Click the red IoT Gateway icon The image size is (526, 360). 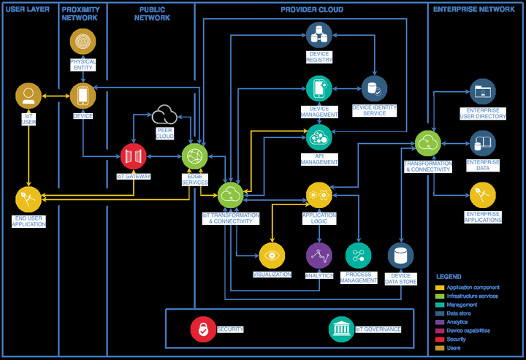coord(134,156)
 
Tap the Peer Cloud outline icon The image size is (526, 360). coord(164,115)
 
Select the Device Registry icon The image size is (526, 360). coord(319,35)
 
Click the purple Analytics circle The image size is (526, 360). coord(319,256)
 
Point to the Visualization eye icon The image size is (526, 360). coord(272,256)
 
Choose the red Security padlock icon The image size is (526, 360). coord(203,329)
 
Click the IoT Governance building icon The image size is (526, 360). coord(341,329)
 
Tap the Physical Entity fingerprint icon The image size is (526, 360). coord(83,42)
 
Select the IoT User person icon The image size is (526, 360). coord(28,96)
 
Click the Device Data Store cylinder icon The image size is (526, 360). coord(401,256)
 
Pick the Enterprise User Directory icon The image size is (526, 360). coord(483,92)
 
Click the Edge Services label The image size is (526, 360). coord(195,180)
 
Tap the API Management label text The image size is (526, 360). coord(319,159)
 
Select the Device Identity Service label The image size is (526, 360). coord(374,110)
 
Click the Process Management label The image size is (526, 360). coord(359,277)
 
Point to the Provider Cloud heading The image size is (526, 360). coord(312,9)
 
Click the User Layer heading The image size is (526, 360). coord(28,9)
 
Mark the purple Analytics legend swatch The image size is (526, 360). coord(440,322)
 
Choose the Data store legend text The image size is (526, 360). coord(459,313)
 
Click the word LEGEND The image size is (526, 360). coord(449,277)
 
